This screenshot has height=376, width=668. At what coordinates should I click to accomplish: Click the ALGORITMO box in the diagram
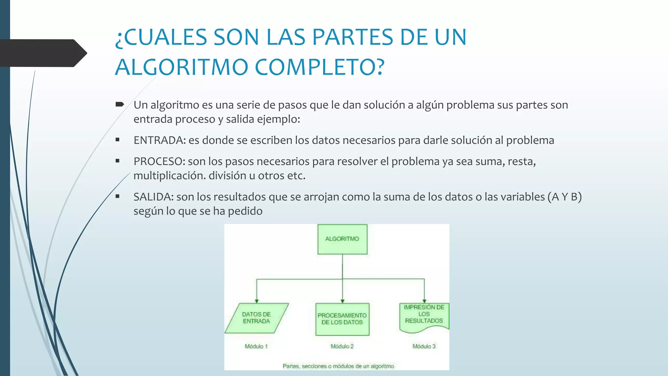[x=342, y=239]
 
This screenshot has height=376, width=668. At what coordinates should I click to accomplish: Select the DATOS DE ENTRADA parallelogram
[x=256, y=318]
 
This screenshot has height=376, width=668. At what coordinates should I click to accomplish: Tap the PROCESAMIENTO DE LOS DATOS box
[x=342, y=319]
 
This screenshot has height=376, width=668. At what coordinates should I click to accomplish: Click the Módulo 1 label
[x=256, y=346]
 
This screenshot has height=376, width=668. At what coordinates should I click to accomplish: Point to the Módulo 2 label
[x=342, y=346]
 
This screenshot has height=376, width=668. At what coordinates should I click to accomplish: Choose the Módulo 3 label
[x=424, y=346]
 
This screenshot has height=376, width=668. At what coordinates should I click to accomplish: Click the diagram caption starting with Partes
[x=338, y=366]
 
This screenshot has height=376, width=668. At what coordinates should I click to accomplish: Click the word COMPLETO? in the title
[x=320, y=67]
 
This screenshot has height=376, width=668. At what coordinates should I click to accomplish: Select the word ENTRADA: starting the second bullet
[x=159, y=140]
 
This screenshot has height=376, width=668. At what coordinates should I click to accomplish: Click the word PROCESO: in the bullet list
[x=159, y=162]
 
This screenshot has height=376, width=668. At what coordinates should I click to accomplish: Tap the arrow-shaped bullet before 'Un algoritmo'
[x=120, y=104]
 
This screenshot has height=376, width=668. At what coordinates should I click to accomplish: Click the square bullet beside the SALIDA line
[x=117, y=196]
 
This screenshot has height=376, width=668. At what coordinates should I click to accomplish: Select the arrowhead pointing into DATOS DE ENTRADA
[x=257, y=301]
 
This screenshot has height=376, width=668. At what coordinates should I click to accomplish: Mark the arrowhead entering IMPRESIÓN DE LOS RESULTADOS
[x=424, y=301]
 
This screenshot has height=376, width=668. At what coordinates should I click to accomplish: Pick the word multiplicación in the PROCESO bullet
[x=169, y=176]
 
